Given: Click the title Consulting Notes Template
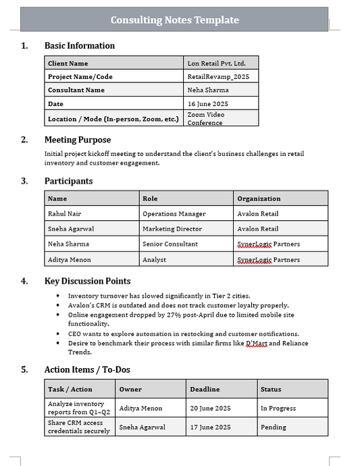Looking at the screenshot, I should (175, 20).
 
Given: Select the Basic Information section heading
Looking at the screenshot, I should (79, 46).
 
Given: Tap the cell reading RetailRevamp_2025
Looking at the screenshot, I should (218, 77).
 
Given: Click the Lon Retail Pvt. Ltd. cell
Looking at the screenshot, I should (216, 63).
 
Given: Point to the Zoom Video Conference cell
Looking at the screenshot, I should (206, 119).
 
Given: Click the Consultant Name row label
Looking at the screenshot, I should (76, 90).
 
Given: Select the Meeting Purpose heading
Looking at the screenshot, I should (78, 140).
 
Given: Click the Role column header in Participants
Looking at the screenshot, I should (150, 199).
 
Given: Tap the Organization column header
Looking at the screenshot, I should (259, 199).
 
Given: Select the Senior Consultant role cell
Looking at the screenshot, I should (170, 244).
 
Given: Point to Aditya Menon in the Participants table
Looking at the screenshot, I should (70, 259).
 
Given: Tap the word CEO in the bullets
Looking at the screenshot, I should (75, 334).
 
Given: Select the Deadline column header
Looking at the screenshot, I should (205, 389).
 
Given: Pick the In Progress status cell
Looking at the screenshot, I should (278, 408).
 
